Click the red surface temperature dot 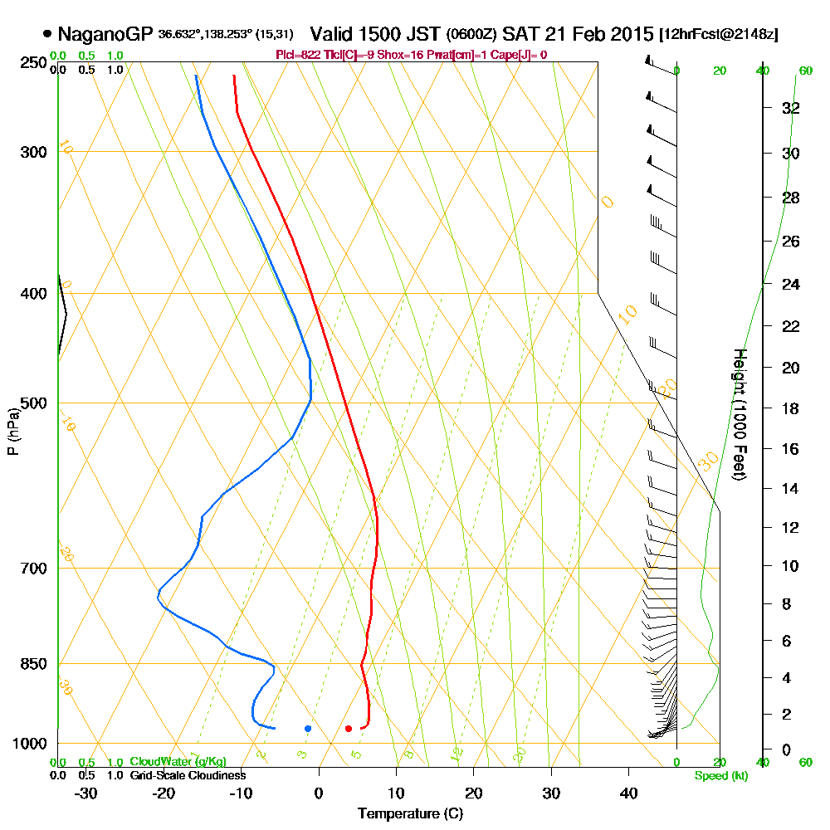click(x=349, y=729)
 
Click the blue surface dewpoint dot click(x=308, y=729)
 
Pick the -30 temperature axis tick click(x=86, y=793)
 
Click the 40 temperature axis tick click(x=628, y=793)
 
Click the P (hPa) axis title click(x=12, y=431)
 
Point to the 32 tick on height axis click(x=791, y=108)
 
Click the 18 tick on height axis click(x=791, y=408)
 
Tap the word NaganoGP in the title click(x=105, y=34)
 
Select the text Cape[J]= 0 click(x=520, y=55)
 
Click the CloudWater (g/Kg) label click(x=178, y=762)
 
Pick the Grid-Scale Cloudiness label click(x=187, y=775)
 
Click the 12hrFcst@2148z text click(x=718, y=35)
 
